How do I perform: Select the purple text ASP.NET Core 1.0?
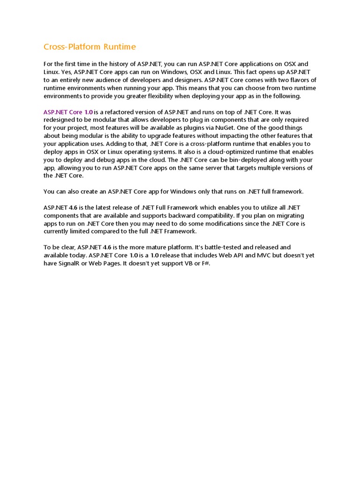pyautogui.click(x=68, y=112)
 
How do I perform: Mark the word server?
pyautogui.click(x=224, y=168)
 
